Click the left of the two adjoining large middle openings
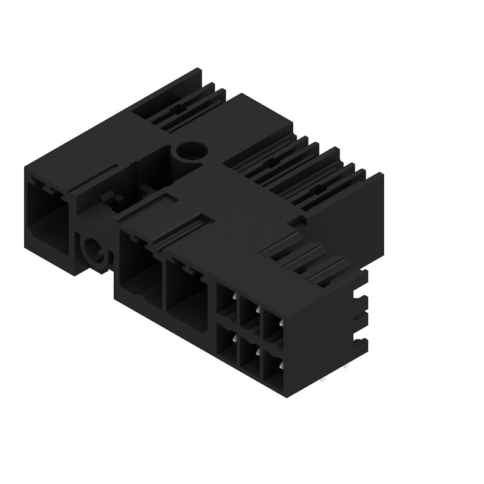point(139,266)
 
